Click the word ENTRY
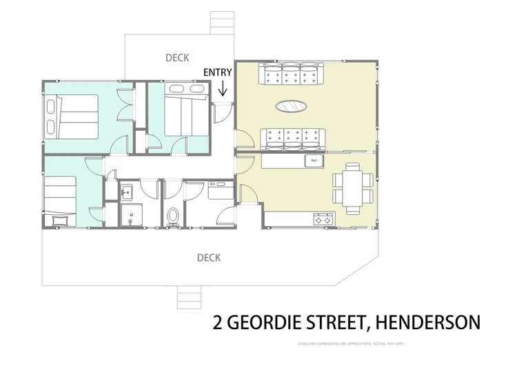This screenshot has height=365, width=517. pos(218,72)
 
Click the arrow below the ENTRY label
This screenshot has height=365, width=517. pos(223,89)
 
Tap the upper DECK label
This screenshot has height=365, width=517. pos(178,58)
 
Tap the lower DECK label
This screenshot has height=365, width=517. pos(209,258)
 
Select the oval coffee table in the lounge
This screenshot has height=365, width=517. pos(292,106)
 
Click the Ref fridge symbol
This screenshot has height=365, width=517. pos(315,160)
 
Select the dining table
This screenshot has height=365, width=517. pos(352,185)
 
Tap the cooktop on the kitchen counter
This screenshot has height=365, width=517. pos(323,220)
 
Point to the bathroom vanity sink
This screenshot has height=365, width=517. pos(127,192)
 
